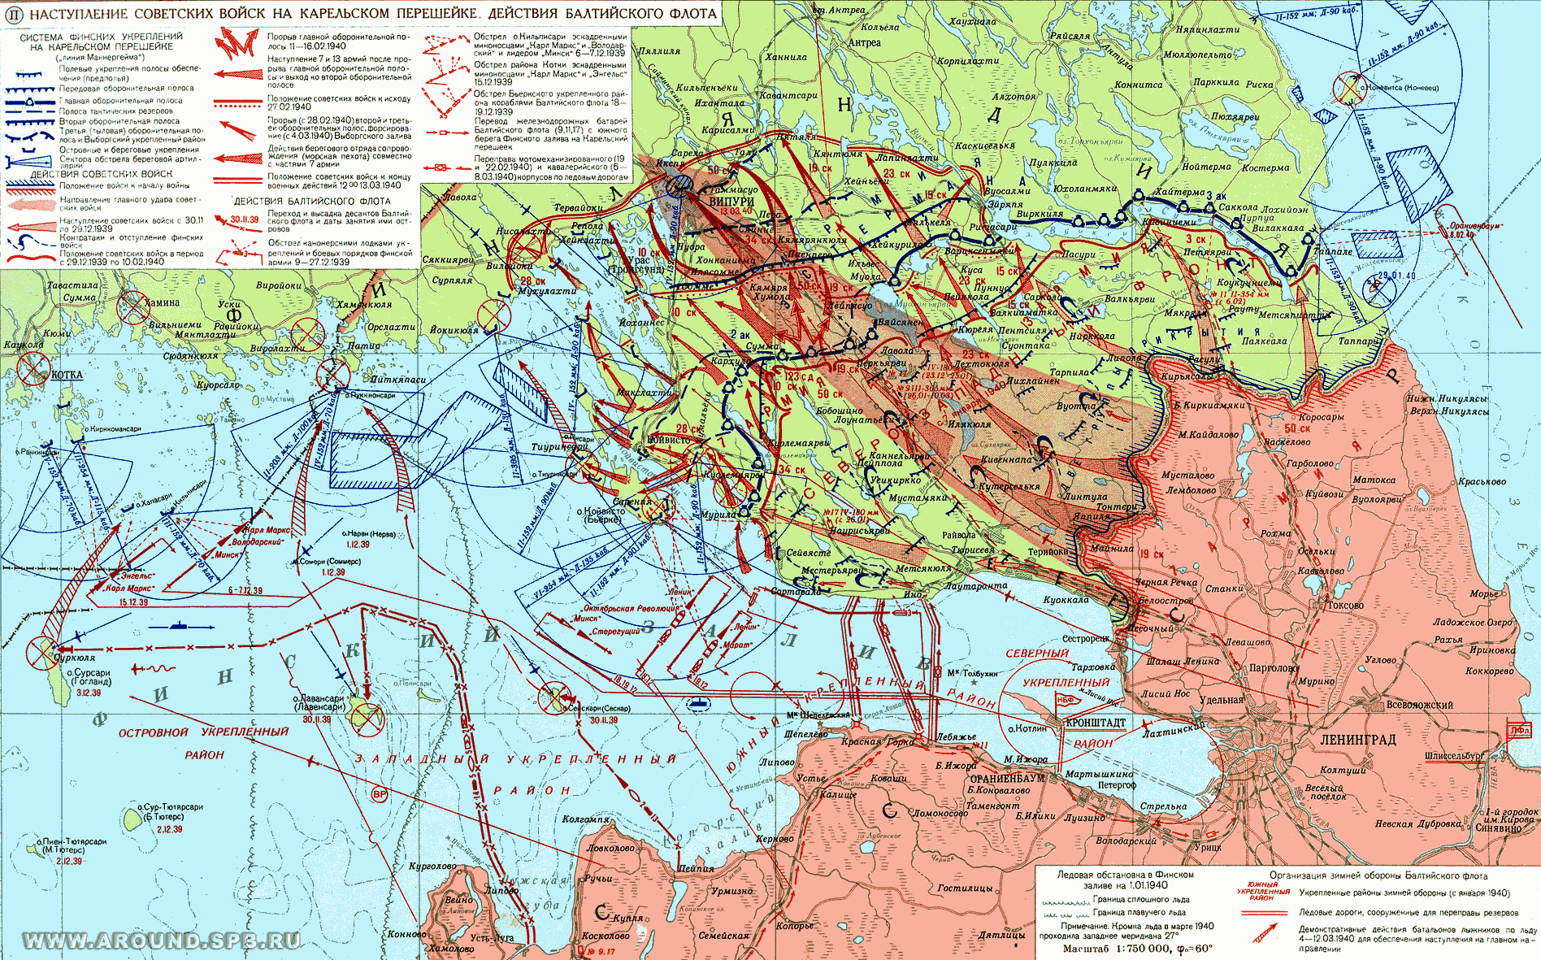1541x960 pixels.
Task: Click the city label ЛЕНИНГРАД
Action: click(1357, 740)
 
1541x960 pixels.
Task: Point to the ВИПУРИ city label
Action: click(731, 202)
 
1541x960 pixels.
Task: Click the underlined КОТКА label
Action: click(67, 375)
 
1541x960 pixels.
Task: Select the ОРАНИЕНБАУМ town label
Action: click(1007, 778)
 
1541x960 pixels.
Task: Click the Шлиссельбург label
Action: click(1454, 756)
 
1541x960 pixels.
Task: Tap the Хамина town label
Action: click(162, 302)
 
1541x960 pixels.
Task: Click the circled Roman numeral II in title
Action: click(13, 14)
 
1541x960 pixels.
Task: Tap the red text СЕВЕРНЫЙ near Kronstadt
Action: click(1037, 654)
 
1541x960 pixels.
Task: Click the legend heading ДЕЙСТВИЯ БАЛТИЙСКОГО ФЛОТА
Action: click(312, 201)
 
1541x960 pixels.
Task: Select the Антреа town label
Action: click(864, 42)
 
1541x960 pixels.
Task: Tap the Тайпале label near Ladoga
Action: click(1333, 252)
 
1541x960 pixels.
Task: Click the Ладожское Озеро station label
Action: click(1473, 623)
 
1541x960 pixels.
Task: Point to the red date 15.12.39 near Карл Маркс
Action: click(133, 602)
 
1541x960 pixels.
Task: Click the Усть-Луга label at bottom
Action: click(492, 938)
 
